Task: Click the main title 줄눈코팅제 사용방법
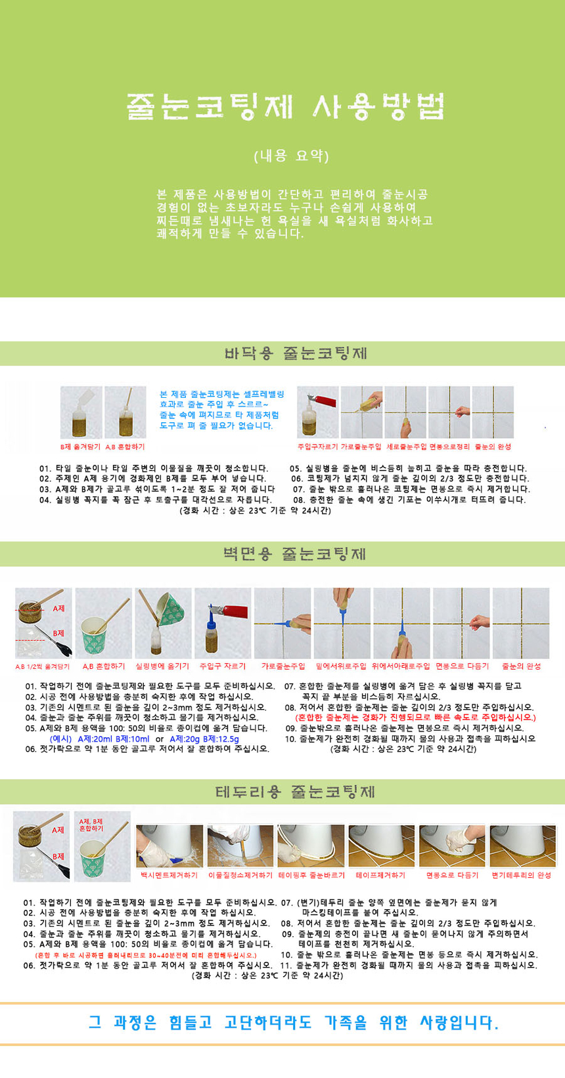click(x=285, y=106)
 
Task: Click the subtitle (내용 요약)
click(x=292, y=156)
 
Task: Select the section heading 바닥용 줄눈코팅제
click(x=296, y=353)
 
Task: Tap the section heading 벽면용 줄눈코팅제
click(x=295, y=553)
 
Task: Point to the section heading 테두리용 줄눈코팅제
click(x=295, y=792)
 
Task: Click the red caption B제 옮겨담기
click(x=80, y=446)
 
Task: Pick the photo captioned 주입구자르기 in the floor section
click(x=317, y=412)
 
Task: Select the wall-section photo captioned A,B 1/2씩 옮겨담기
click(x=43, y=623)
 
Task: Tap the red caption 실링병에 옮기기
click(x=162, y=666)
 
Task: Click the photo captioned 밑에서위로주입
click(x=342, y=623)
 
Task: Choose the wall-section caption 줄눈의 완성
click(x=521, y=666)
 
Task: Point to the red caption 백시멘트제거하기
click(x=169, y=875)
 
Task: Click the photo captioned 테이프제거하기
click(x=381, y=846)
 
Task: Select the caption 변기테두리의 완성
click(x=521, y=875)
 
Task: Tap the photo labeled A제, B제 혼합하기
click(x=102, y=846)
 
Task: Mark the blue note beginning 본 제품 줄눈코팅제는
click(x=222, y=410)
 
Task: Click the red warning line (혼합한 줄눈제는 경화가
click(x=415, y=718)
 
